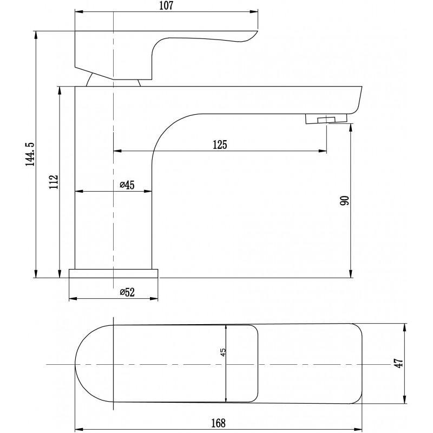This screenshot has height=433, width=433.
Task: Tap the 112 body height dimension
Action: point(53,181)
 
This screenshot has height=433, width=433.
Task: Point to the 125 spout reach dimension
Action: point(220,145)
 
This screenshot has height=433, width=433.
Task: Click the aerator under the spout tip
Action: point(325,119)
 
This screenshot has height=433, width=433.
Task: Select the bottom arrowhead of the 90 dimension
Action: point(351,275)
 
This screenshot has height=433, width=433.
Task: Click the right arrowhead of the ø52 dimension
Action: point(157,298)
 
